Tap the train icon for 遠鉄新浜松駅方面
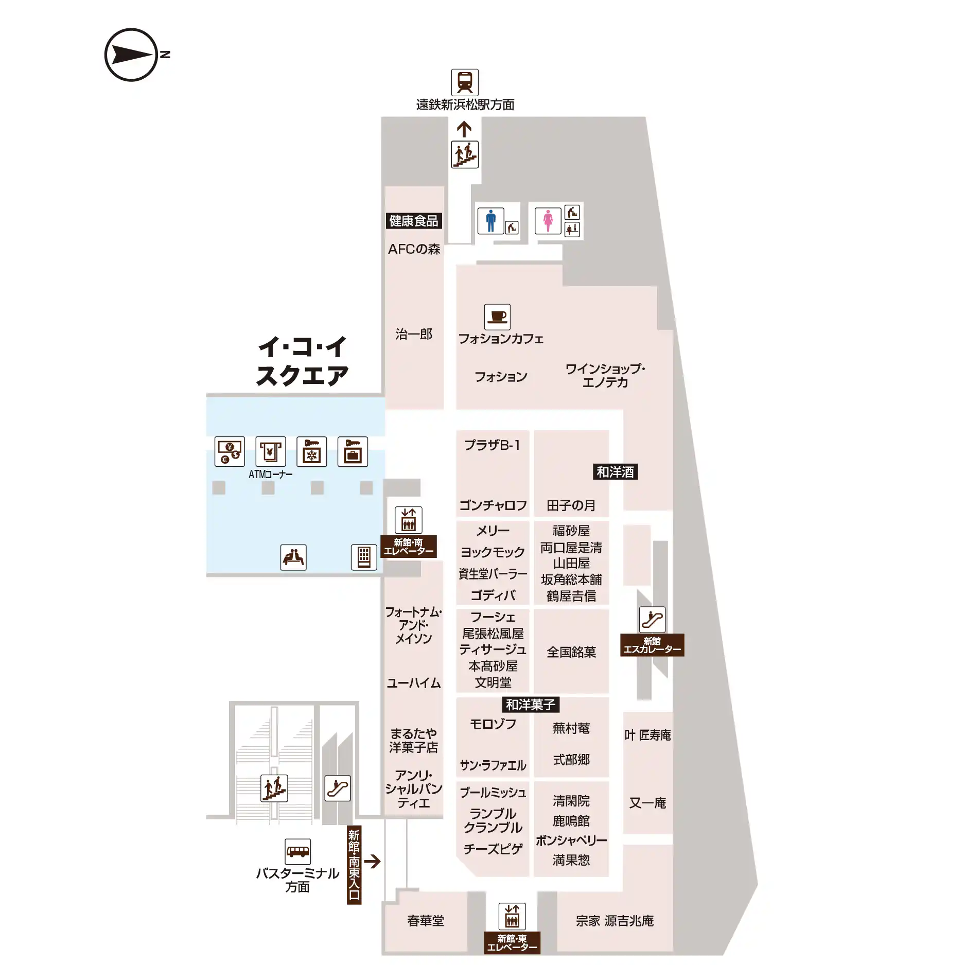click(465, 82)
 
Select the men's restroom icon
click(491, 220)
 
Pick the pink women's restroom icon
click(548, 220)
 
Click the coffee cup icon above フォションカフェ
click(497, 317)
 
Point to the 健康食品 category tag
click(414, 221)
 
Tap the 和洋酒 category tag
click(615, 471)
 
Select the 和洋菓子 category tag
click(531, 704)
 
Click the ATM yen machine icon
click(271, 451)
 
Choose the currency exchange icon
click(230, 451)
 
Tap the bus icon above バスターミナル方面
click(297, 851)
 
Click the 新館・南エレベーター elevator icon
click(409, 520)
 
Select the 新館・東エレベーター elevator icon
click(512, 916)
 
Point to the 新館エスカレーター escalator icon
click(652, 619)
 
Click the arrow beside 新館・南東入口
click(372, 861)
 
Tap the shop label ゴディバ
click(493, 595)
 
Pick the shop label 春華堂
click(426, 920)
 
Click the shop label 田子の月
click(571, 505)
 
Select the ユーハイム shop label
click(414, 683)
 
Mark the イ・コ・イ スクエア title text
click(303, 361)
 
